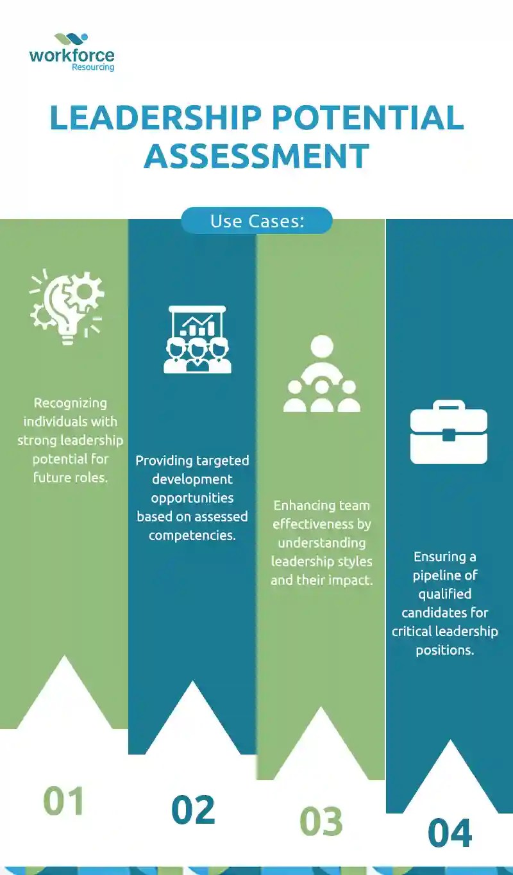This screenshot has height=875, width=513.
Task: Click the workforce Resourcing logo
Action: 71,51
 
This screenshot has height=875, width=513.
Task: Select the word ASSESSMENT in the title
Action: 256,156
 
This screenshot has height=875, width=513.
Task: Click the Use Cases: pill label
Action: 256,221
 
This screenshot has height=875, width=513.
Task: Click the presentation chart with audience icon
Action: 197,339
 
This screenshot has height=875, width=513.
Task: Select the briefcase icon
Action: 448,432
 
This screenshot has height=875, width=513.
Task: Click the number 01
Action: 64,801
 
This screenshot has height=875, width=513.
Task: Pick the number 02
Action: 192,810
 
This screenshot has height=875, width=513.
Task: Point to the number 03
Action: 321,822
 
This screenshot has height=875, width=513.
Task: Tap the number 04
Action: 450,833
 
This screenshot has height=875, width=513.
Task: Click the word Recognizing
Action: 71,404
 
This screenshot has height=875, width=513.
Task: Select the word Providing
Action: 164,461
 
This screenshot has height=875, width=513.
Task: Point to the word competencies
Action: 192,535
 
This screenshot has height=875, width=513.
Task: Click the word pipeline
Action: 445,575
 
